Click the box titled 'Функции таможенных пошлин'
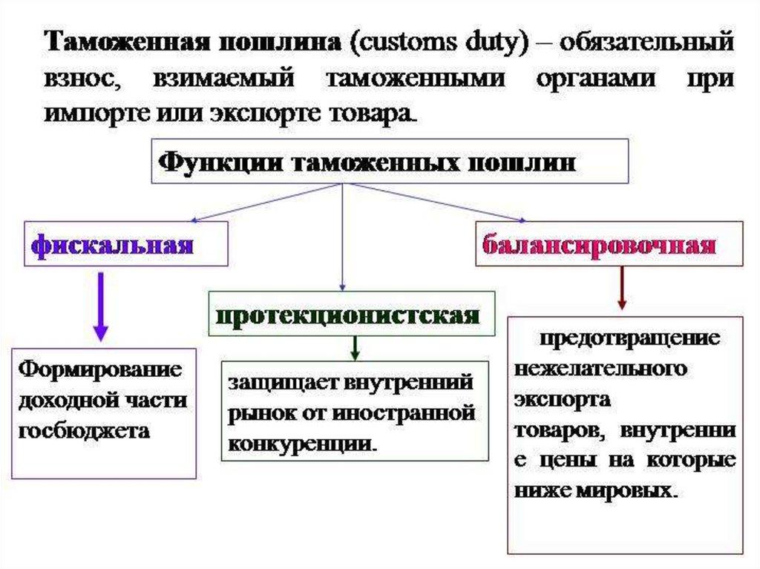pyautogui.click(x=390, y=161)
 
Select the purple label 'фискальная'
pyautogui.click(x=112, y=244)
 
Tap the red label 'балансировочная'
pyautogui.click(x=600, y=244)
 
